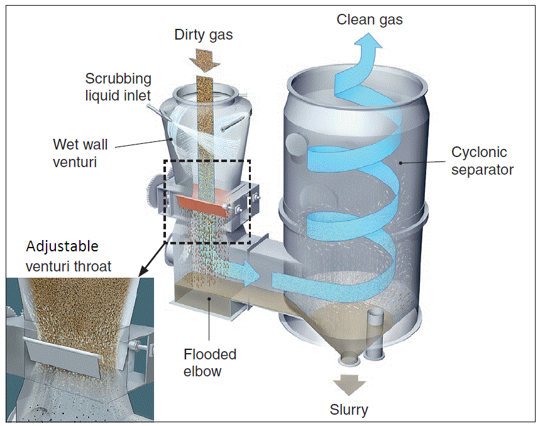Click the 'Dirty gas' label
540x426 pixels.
pyautogui.click(x=203, y=35)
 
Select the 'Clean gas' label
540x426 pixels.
pyautogui.click(x=370, y=19)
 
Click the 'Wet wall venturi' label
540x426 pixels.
pyautogui.click(x=80, y=153)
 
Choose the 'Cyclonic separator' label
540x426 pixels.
pyautogui.click(x=482, y=161)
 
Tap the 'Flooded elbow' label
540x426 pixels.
pyautogui.click(x=210, y=363)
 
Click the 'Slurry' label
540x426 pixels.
pyautogui.click(x=349, y=410)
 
